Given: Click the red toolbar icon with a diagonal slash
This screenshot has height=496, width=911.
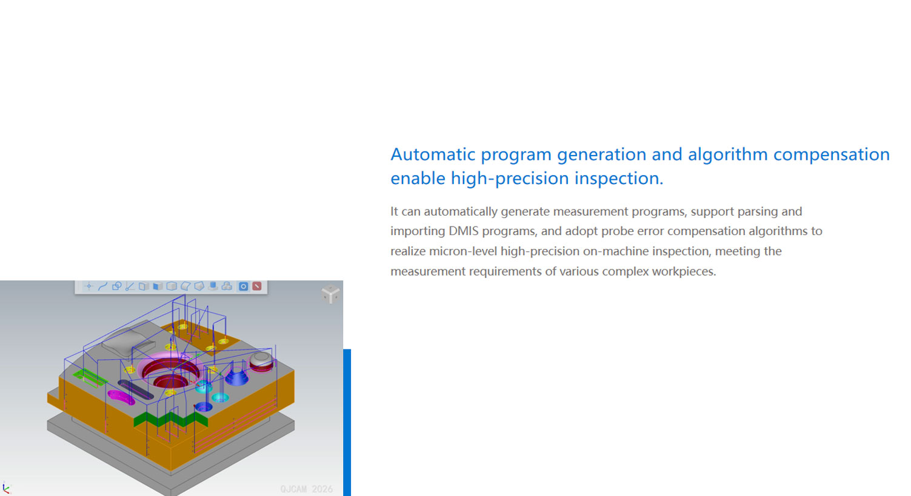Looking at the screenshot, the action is pos(257,286).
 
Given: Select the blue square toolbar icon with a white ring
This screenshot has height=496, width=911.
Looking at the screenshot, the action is pos(243,286).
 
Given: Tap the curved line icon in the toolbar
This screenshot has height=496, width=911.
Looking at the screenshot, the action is pos(102,286).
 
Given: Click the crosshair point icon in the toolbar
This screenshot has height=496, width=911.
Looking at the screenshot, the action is pos(88,286).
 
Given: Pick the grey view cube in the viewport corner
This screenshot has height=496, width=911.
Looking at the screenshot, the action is pos(331,294).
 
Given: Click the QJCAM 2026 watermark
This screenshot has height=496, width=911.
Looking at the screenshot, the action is pos(306,489).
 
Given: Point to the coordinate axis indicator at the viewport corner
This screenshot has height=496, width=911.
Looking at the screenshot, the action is pos(5,488).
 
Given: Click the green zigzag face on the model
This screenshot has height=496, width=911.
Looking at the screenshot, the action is pos(171,419).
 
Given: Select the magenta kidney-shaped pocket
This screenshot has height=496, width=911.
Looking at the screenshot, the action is pos(121,398).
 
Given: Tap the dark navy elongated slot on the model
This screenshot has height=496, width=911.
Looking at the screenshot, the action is pos(135,389).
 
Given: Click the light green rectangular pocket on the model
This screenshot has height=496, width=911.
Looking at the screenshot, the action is pos(90,378).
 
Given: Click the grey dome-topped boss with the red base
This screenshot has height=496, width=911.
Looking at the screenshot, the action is pos(261,362).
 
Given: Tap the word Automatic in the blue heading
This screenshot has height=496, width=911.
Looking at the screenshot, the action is pos(433,154).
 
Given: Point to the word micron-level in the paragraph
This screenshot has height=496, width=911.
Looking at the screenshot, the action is pos(463,251).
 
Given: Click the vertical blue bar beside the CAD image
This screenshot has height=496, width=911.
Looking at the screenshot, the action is pos(347,423).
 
